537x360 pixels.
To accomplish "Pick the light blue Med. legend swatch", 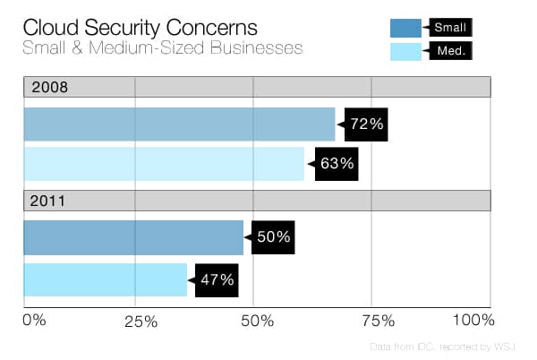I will point(406,51).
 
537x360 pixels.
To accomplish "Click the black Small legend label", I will point(450,28).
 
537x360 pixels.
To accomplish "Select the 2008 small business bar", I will point(179,124).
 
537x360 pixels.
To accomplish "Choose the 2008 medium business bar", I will point(164,164).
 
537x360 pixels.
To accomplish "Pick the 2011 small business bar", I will point(133,237).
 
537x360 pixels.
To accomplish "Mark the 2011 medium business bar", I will point(106,279).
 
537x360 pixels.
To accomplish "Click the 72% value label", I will point(367,124).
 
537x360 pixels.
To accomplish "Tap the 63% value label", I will point(337,164).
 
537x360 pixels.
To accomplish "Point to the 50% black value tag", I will point(273,237).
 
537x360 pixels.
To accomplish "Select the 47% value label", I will point(217,279).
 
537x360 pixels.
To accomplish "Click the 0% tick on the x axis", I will point(33,320).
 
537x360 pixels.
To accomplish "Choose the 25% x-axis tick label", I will point(140,321).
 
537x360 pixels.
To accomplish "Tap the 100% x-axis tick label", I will point(473,320).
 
